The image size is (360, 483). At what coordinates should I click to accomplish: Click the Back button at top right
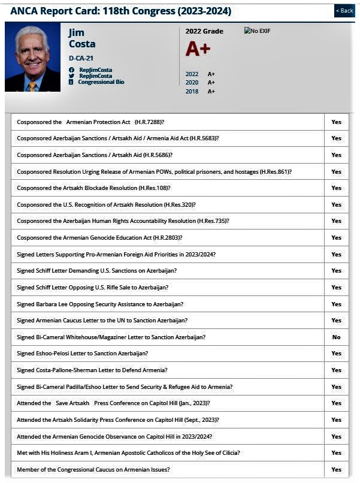tap(344, 11)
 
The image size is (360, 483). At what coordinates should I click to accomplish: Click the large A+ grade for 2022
tap(198, 49)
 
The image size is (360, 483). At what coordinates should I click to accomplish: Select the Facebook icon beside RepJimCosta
tap(71, 70)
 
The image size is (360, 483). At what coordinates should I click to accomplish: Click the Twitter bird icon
tap(71, 76)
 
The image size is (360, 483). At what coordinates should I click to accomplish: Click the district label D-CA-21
tap(81, 59)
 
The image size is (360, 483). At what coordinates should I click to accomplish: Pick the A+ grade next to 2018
tap(211, 91)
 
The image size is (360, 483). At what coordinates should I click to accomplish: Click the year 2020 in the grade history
tap(192, 83)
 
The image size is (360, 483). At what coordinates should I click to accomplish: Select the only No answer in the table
tap(336, 337)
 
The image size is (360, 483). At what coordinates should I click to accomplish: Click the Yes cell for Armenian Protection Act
tap(336, 122)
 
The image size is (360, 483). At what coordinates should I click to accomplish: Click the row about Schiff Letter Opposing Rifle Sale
tap(93, 288)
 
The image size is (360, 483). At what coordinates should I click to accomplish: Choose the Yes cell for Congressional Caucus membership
tap(336, 470)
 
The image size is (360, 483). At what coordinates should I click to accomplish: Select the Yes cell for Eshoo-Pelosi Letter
tap(336, 354)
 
